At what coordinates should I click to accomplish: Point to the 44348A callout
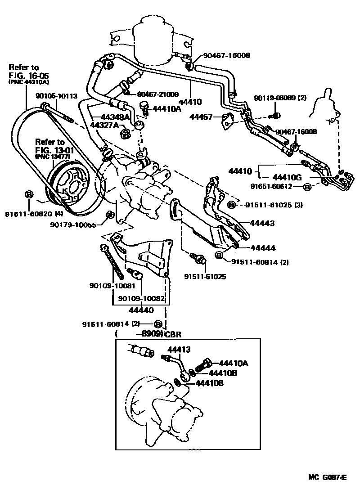(114, 117)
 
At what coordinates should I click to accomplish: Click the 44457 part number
(202, 117)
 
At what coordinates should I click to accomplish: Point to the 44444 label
(263, 247)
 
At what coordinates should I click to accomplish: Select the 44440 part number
(140, 310)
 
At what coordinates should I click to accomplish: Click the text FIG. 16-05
(29, 75)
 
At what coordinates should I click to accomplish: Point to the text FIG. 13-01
(55, 150)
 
